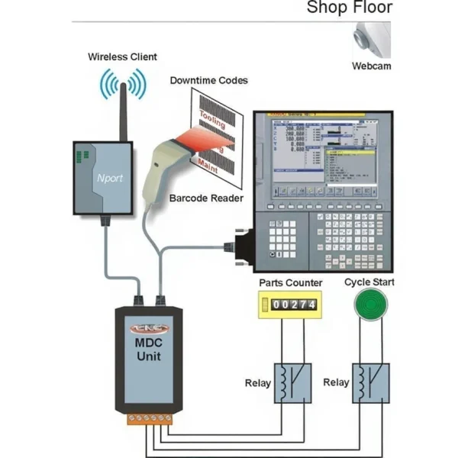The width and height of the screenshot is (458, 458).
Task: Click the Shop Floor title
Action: click(349, 8)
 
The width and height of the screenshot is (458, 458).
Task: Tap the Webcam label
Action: click(371, 66)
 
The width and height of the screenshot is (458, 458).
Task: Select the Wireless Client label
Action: click(122, 56)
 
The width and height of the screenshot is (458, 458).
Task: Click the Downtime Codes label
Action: click(208, 80)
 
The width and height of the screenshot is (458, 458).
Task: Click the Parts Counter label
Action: click(290, 283)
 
